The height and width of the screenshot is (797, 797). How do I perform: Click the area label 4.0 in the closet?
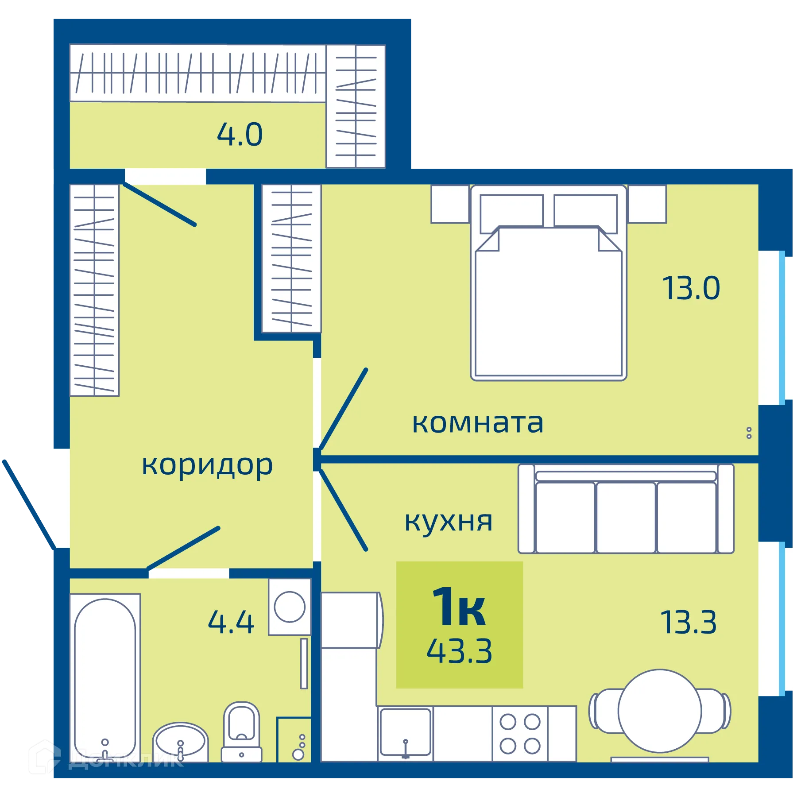click(240, 135)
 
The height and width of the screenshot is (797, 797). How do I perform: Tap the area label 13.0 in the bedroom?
click(691, 288)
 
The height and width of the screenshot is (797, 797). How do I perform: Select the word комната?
click(477, 423)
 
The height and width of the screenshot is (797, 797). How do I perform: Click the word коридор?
click(207, 466)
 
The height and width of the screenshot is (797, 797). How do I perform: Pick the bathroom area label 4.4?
click(231, 622)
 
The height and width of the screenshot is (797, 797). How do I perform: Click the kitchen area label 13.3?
click(688, 622)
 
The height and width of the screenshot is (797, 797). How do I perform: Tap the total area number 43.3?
click(459, 651)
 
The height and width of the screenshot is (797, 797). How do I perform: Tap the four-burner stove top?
click(520, 734)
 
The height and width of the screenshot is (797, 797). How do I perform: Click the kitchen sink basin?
click(405, 731)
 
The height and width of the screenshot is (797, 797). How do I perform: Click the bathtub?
click(105, 677)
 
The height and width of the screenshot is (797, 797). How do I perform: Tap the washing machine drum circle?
click(290, 607)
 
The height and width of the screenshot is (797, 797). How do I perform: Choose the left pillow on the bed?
click(511, 211)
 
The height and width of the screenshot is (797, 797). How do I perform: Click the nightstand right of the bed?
click(647, 204)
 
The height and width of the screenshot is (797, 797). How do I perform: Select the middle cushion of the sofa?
click(625, 517)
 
